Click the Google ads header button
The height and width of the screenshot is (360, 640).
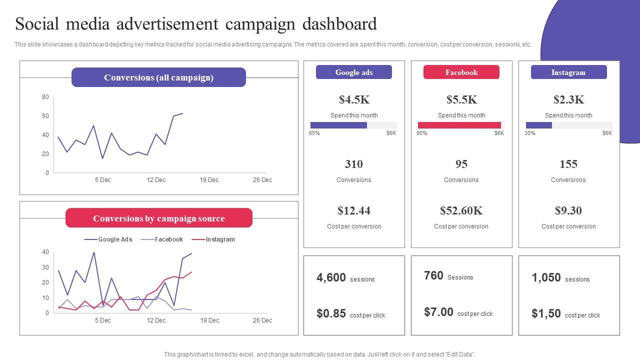click(x=354, y=72)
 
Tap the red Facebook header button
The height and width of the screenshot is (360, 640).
click(x=461, y=72)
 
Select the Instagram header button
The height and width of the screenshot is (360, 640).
click(x=568, y=72)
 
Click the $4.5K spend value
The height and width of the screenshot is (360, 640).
click(x=354, y=99)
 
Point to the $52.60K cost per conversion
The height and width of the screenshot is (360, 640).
click(x=461, y=210)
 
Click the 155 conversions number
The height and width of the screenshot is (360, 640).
click(x=568, y=164)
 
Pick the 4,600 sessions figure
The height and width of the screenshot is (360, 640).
click(x=331, y=277)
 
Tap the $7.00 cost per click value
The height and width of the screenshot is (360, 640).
click(x=438, y=312)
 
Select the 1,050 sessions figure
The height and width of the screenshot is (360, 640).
click(x=546, y=277)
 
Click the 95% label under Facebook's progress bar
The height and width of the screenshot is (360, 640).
click(x=422, y=133)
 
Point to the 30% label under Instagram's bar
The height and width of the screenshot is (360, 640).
click(x=530, y=133)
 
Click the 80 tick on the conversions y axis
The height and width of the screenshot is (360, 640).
click(x=45, y=97)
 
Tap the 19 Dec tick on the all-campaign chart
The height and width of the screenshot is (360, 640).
click(x=209, y=180)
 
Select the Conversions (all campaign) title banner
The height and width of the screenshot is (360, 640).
click(x=158, y=77)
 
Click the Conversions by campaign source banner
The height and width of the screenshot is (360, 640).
click(x=158, y=218)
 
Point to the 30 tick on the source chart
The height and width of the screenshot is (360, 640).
click(x=45, y=267)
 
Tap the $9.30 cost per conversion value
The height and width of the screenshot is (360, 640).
click(x=568, y=210)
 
